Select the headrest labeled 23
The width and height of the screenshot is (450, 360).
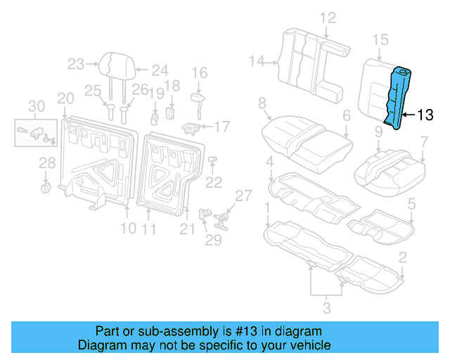(x=114, y=65)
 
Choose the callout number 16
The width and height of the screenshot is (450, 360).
(x=200, y=72)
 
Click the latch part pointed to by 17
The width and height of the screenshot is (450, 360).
(x=191, y=128)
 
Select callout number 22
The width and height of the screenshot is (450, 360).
(x=213, y=183)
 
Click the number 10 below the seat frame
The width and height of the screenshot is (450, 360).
(x=127, y=229)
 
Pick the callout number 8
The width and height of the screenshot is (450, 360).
(x=262, y=104)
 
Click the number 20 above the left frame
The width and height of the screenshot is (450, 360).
(x=65, y=98)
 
